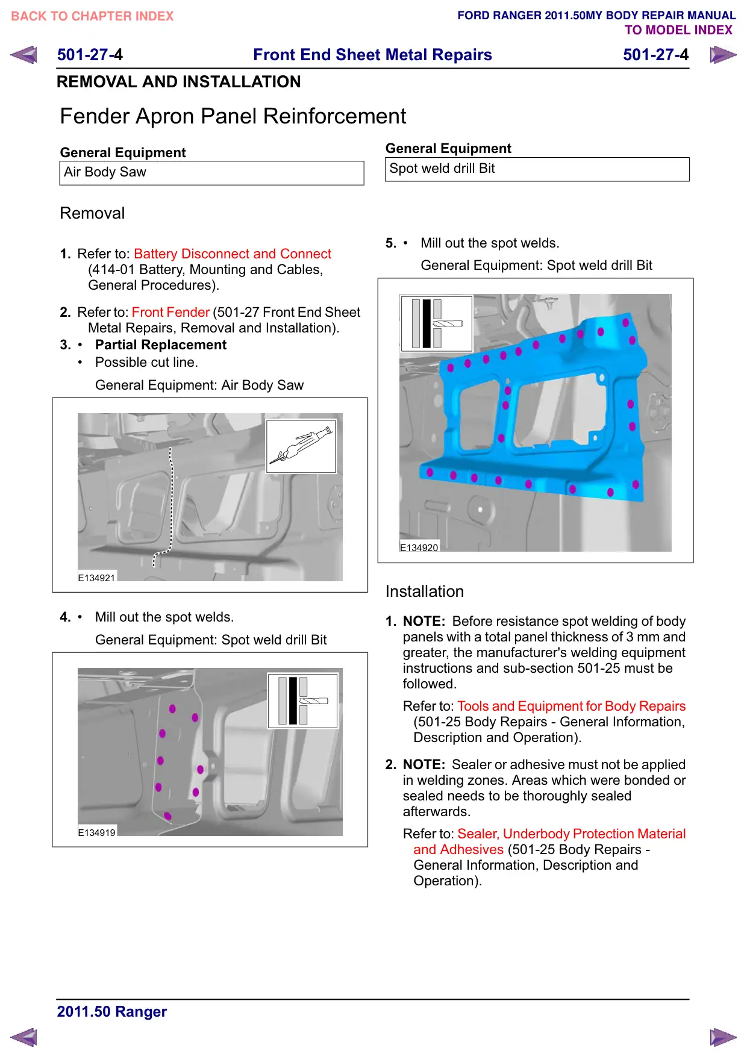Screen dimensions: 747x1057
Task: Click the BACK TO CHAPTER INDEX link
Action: pyautogui.click(x=92, y=16)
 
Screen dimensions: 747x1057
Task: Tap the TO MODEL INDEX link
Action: pyautogui.click(x=678, y=30)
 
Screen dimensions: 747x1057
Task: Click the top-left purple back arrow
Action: pyautogui.click(x=23, y=55)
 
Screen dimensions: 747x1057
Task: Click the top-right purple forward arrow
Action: pyautogui.click(x=723, y=55)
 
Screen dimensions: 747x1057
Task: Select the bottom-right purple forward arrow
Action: pyautogui.click(x=723, y=1037)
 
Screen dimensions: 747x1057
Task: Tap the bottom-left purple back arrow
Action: pyautogui.click(x=23, y=1037)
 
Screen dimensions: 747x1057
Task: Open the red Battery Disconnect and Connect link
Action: pyautogui.click(x=233, y=254)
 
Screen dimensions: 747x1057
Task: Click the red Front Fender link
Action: pyautogui.click(x=170, y=312)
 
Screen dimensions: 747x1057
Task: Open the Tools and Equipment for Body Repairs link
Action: pyautogui.click(x=571, y=706)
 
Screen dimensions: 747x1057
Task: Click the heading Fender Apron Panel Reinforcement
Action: pyautogui.click(x=233, y=116)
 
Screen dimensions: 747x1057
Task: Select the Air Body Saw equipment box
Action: pyautogui.click(x=211, y=173)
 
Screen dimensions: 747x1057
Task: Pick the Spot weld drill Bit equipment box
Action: pyautogui.click(x=537, y=169)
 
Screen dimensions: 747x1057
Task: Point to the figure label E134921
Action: pyautogui.click(x=96, y=578)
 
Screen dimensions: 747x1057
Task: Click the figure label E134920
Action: pyautogui.click(x=419, y=547)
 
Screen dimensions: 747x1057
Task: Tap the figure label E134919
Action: pyautogui.click(x=96, y=832)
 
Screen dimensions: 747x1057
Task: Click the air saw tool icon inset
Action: pyautogui.click(x=301, y=446)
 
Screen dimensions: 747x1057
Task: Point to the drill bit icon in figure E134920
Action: pyautogui.click(x=437, y=323)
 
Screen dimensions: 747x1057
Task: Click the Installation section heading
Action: pyautogui.click(x=425, y=591)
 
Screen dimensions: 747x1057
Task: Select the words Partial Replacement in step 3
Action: pyautogui.click(x=161, y=345)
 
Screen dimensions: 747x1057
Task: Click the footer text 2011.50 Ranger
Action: pyautogui.click(x=112, y=1011)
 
